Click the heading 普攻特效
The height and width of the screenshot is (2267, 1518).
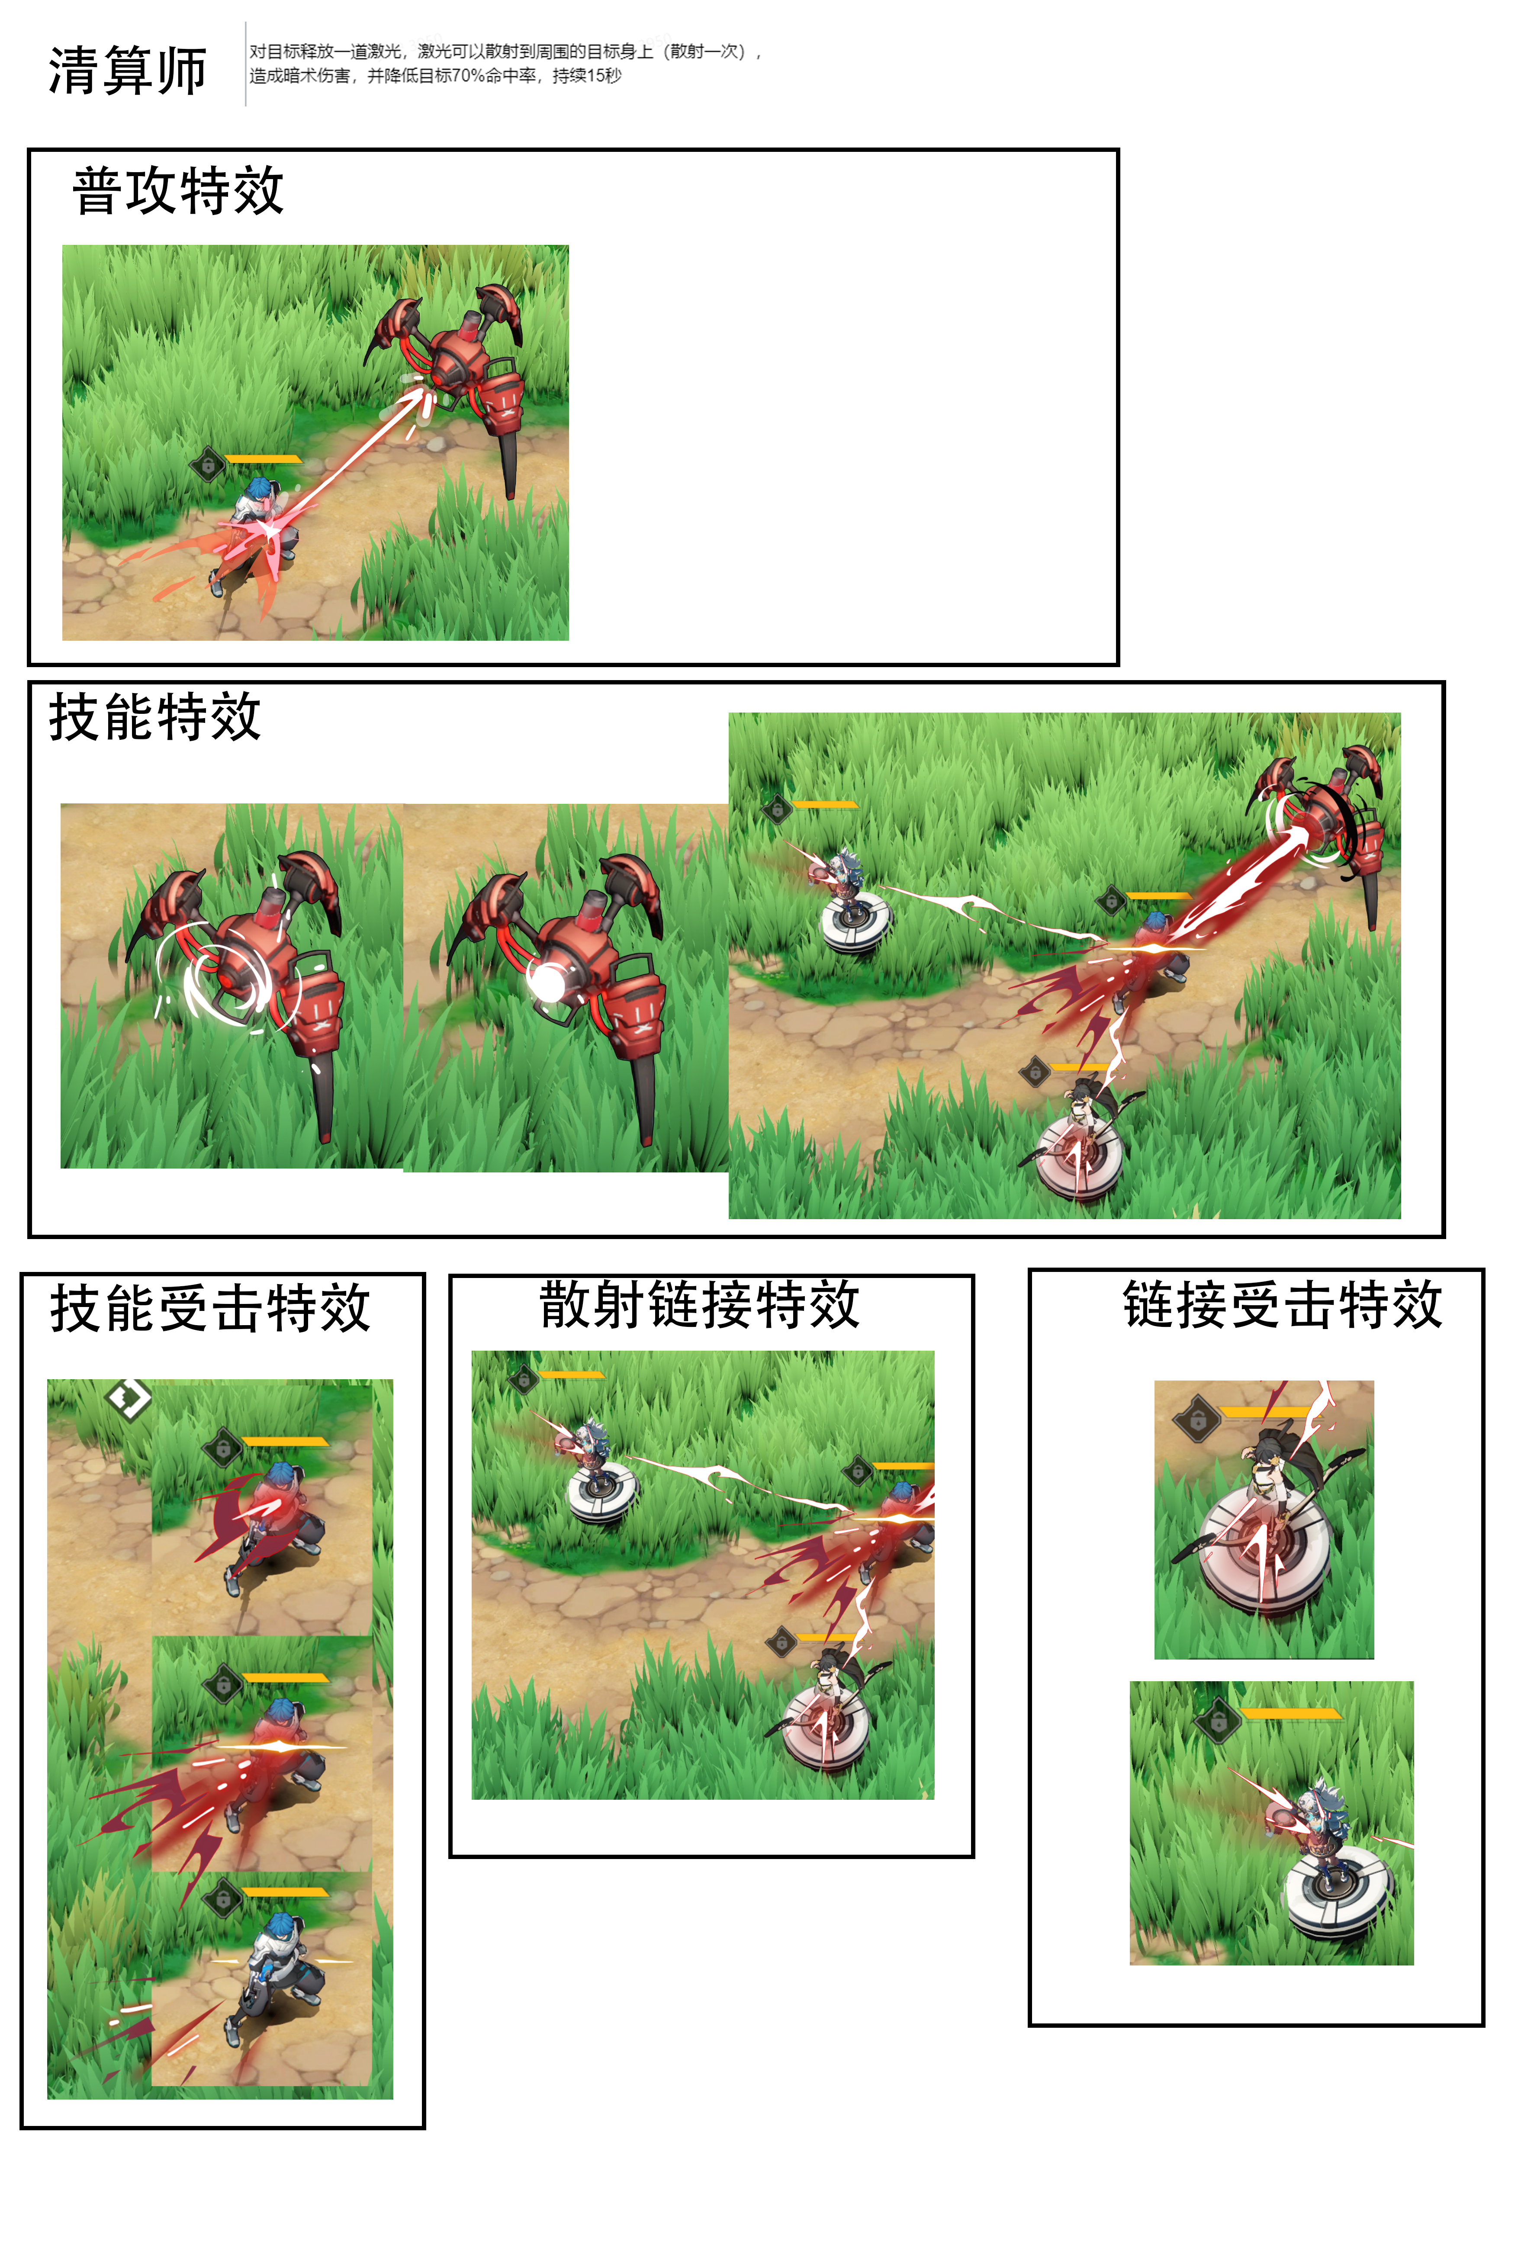[178, 191]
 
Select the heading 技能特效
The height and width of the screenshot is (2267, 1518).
[155, 717]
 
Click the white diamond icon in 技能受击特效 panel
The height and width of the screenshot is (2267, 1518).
[129, 1398]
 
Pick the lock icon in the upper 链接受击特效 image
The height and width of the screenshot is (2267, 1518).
[1197, 1420]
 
